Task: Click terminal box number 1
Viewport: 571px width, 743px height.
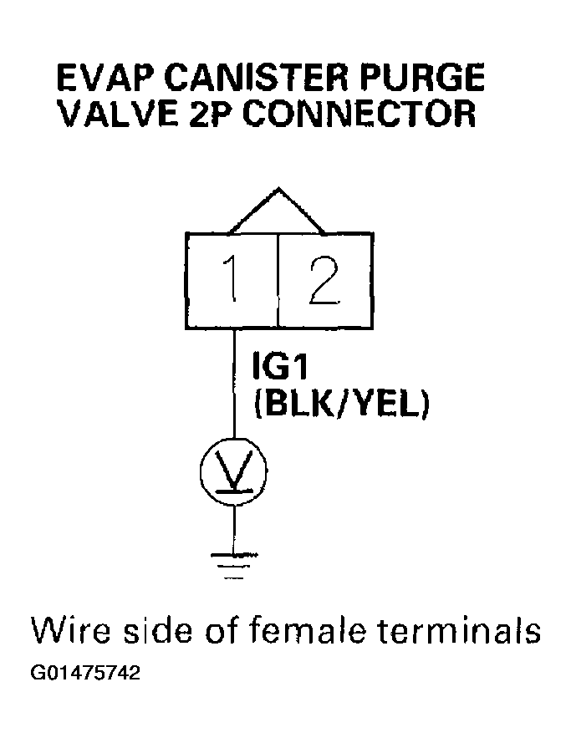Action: point(232,282)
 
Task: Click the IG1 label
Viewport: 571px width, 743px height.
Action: point(282,368)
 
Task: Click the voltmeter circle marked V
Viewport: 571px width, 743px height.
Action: point(233,473)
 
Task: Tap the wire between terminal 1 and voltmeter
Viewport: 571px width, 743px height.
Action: point(233,384)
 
